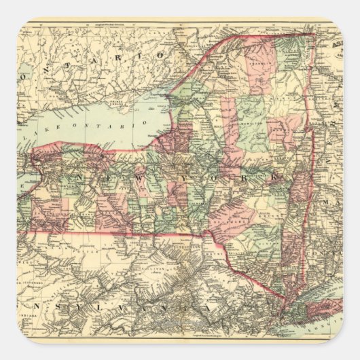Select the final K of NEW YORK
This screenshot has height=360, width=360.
[x=275, y=177]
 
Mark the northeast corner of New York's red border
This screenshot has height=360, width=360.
[x=314, y=33]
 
